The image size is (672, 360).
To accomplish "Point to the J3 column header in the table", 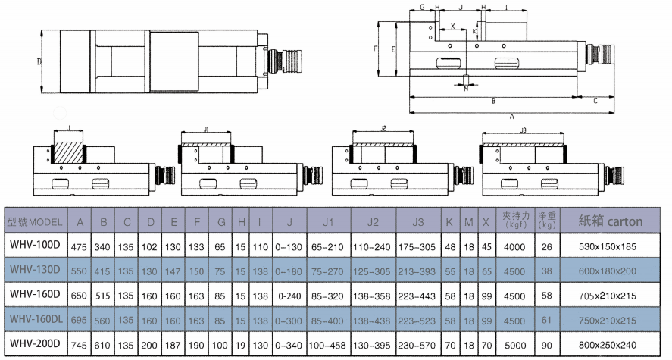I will point(417,221).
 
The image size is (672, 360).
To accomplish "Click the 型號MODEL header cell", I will point(36,221).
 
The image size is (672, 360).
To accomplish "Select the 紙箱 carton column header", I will point(611,221).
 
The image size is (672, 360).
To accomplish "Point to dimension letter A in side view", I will point(512,116).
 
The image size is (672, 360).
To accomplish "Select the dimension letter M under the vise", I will point(466,89).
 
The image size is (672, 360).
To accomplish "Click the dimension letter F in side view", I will point(377,48).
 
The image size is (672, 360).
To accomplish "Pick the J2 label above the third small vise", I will point(383,130).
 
